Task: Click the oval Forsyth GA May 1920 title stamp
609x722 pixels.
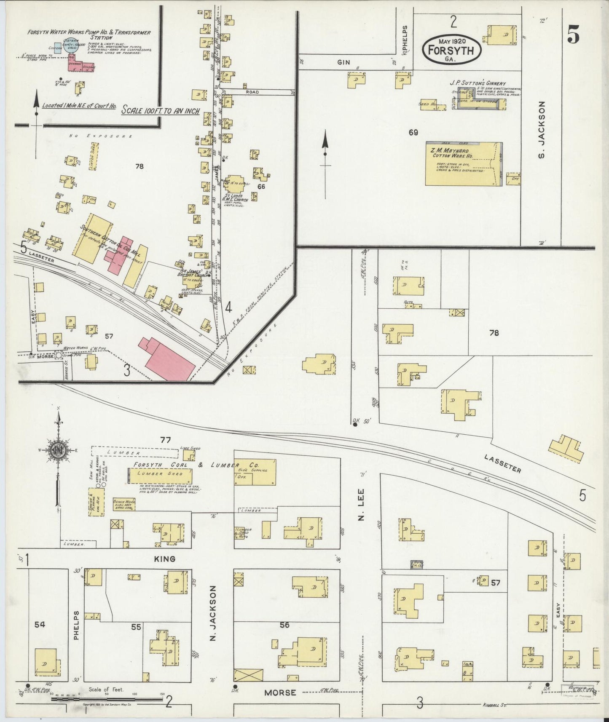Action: tap(451, 49)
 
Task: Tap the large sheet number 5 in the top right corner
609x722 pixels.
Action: tap(573, 34)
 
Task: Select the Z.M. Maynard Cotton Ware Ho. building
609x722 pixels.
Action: tap(464, 163)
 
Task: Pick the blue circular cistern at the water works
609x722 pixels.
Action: tap(72, 47)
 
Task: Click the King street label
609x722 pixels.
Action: tap(164, 559)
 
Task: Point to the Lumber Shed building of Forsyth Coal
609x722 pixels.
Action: tap(157, 473)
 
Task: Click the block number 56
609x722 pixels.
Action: tap(285, 625)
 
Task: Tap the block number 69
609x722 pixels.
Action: tap(413, 133)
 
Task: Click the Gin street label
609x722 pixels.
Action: tap(344, 62)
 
